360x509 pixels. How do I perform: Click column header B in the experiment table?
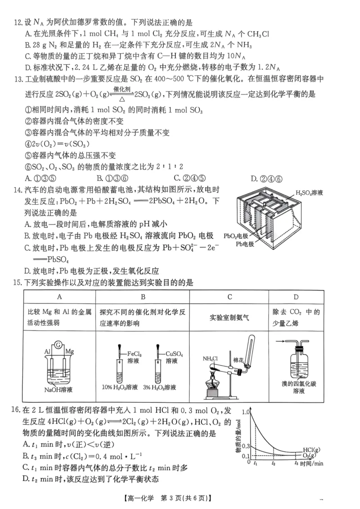143,297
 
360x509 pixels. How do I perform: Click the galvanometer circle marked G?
58,345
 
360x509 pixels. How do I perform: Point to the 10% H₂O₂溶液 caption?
120,387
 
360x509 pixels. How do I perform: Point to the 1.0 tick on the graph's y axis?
246,412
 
